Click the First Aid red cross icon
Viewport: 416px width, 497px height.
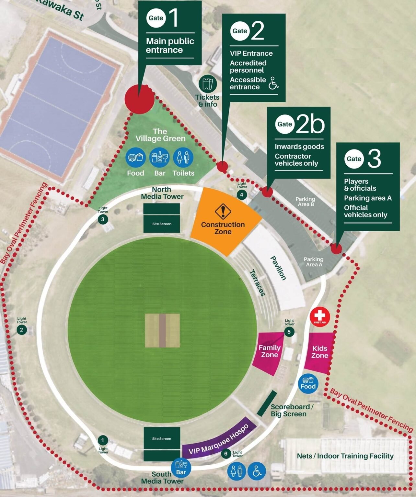click(320, 316)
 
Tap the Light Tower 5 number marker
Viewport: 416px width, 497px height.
click(289, 331)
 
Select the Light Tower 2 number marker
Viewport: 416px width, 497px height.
click(21, 330)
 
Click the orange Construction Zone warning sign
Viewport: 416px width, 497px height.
click(223, 211)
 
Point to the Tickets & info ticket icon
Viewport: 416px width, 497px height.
click(207, 84)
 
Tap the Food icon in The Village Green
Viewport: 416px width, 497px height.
click(135, 158)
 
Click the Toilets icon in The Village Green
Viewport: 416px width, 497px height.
click(183, 158)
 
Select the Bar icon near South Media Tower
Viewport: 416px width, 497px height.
click(181, 467)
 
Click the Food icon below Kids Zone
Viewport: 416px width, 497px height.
click(308, 384)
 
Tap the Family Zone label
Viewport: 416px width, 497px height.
click(269, 351)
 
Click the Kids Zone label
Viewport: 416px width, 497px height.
click(320, 352)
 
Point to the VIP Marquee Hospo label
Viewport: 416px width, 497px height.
click(219, 439)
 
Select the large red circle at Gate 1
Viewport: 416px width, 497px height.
click(139, 99)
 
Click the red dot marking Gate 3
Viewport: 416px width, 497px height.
click(336, 249)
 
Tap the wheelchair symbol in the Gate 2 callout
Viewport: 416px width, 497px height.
click(274, 83)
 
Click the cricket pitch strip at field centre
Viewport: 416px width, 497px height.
click(162, 330)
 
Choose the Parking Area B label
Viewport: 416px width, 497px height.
click(306, 201)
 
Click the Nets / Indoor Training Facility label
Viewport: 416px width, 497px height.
click(345, 456)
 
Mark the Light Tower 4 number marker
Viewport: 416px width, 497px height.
click(241, 194)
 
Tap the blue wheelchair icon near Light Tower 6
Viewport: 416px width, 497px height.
click(257, 471)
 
